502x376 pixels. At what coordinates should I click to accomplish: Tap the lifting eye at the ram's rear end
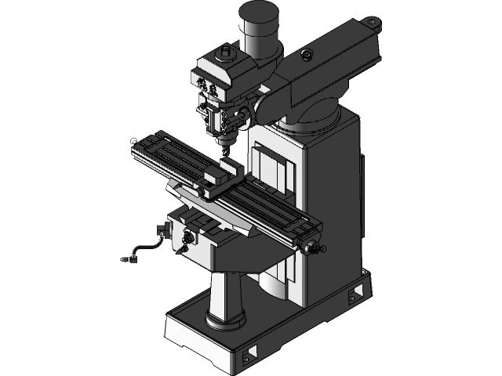(376, 23)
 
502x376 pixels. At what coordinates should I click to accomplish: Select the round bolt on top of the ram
(306, 55)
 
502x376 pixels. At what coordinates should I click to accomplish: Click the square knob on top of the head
(225, 52)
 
